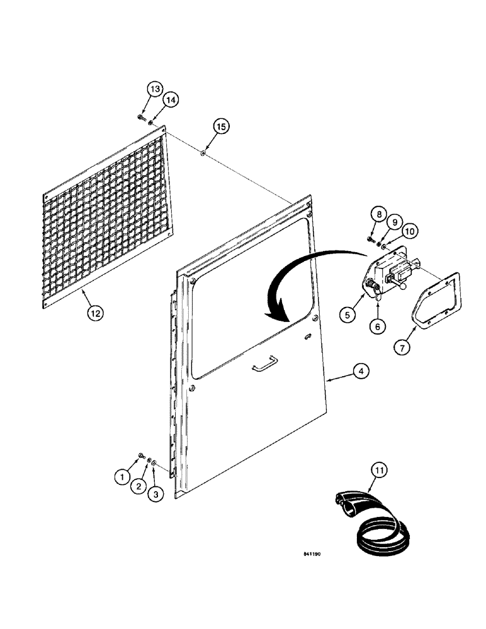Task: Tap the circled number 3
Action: [157, 495]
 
